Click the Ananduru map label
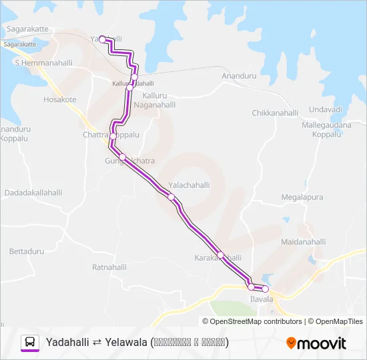(239, 76)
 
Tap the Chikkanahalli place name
(275, 113)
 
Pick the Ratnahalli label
(109, 267)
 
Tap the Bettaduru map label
(27, 251)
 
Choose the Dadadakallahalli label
(33, 193)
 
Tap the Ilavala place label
(262, 299)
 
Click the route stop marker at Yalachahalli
(171, 197)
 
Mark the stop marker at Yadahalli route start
(102, 39)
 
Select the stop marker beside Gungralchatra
(122, 157)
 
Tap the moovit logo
(316, 343)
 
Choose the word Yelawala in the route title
(126, 342)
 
